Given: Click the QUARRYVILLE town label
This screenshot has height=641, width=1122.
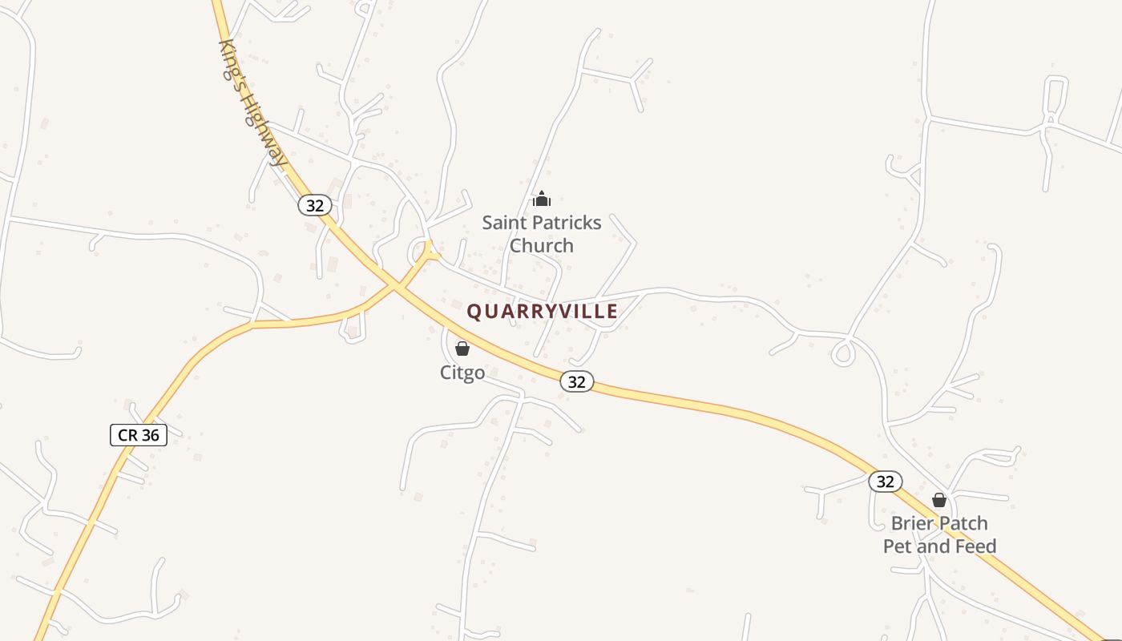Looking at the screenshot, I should pos(543,312).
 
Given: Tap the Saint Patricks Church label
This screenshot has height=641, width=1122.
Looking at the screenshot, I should pos(542,234).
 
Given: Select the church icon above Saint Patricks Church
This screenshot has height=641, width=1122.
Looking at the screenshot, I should pos(542,199).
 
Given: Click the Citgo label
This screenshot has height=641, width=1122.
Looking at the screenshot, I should pos(462,373).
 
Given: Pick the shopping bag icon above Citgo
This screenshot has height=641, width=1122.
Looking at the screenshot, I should pos(462,349).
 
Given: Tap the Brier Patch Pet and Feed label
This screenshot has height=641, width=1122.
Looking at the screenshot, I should pos(939,534).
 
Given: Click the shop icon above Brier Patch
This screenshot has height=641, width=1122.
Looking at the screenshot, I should pos(939,501).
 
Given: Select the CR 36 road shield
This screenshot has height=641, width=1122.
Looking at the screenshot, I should pos(139,435).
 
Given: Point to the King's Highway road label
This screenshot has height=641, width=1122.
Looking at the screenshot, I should pos(252,103).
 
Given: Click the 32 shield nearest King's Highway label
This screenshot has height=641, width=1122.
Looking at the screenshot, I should pos(315,205).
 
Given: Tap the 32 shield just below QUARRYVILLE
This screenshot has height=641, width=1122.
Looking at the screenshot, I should pos(577,382).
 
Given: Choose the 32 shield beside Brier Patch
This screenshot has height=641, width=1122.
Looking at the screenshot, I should pos(885,482).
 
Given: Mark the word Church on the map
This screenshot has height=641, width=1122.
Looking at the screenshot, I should pos(542,245).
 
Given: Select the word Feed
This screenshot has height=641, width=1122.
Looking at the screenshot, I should pos(974,546).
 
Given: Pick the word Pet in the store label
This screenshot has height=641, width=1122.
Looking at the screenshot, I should pos(898,546).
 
